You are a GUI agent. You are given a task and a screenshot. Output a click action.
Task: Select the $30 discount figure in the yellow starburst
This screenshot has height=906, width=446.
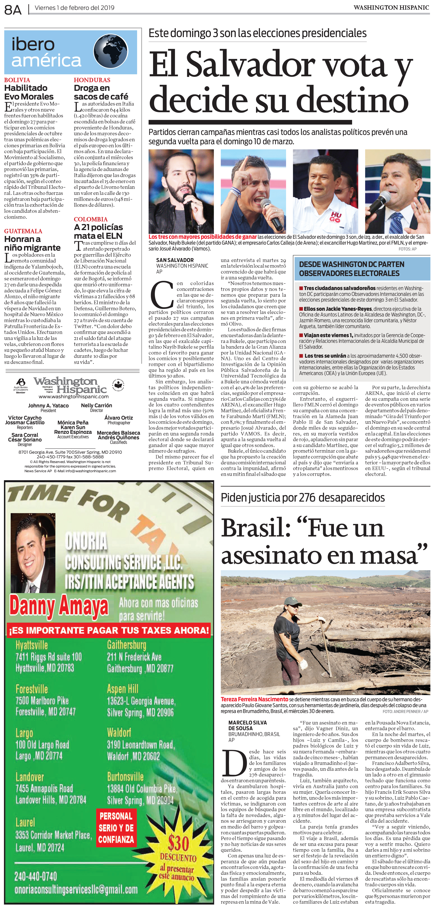pos(178,843)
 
